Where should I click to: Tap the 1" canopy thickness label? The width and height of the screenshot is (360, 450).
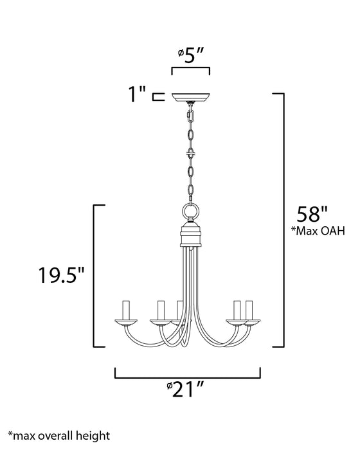coord(136,96)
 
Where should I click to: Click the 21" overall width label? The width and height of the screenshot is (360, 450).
coord(188,390)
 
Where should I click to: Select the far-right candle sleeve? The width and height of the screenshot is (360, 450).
coord(249,310)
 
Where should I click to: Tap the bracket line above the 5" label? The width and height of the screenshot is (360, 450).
coord(190,67)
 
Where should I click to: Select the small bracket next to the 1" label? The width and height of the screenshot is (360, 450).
coord(156,97)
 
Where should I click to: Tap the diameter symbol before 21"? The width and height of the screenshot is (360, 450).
coord(168,388)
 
